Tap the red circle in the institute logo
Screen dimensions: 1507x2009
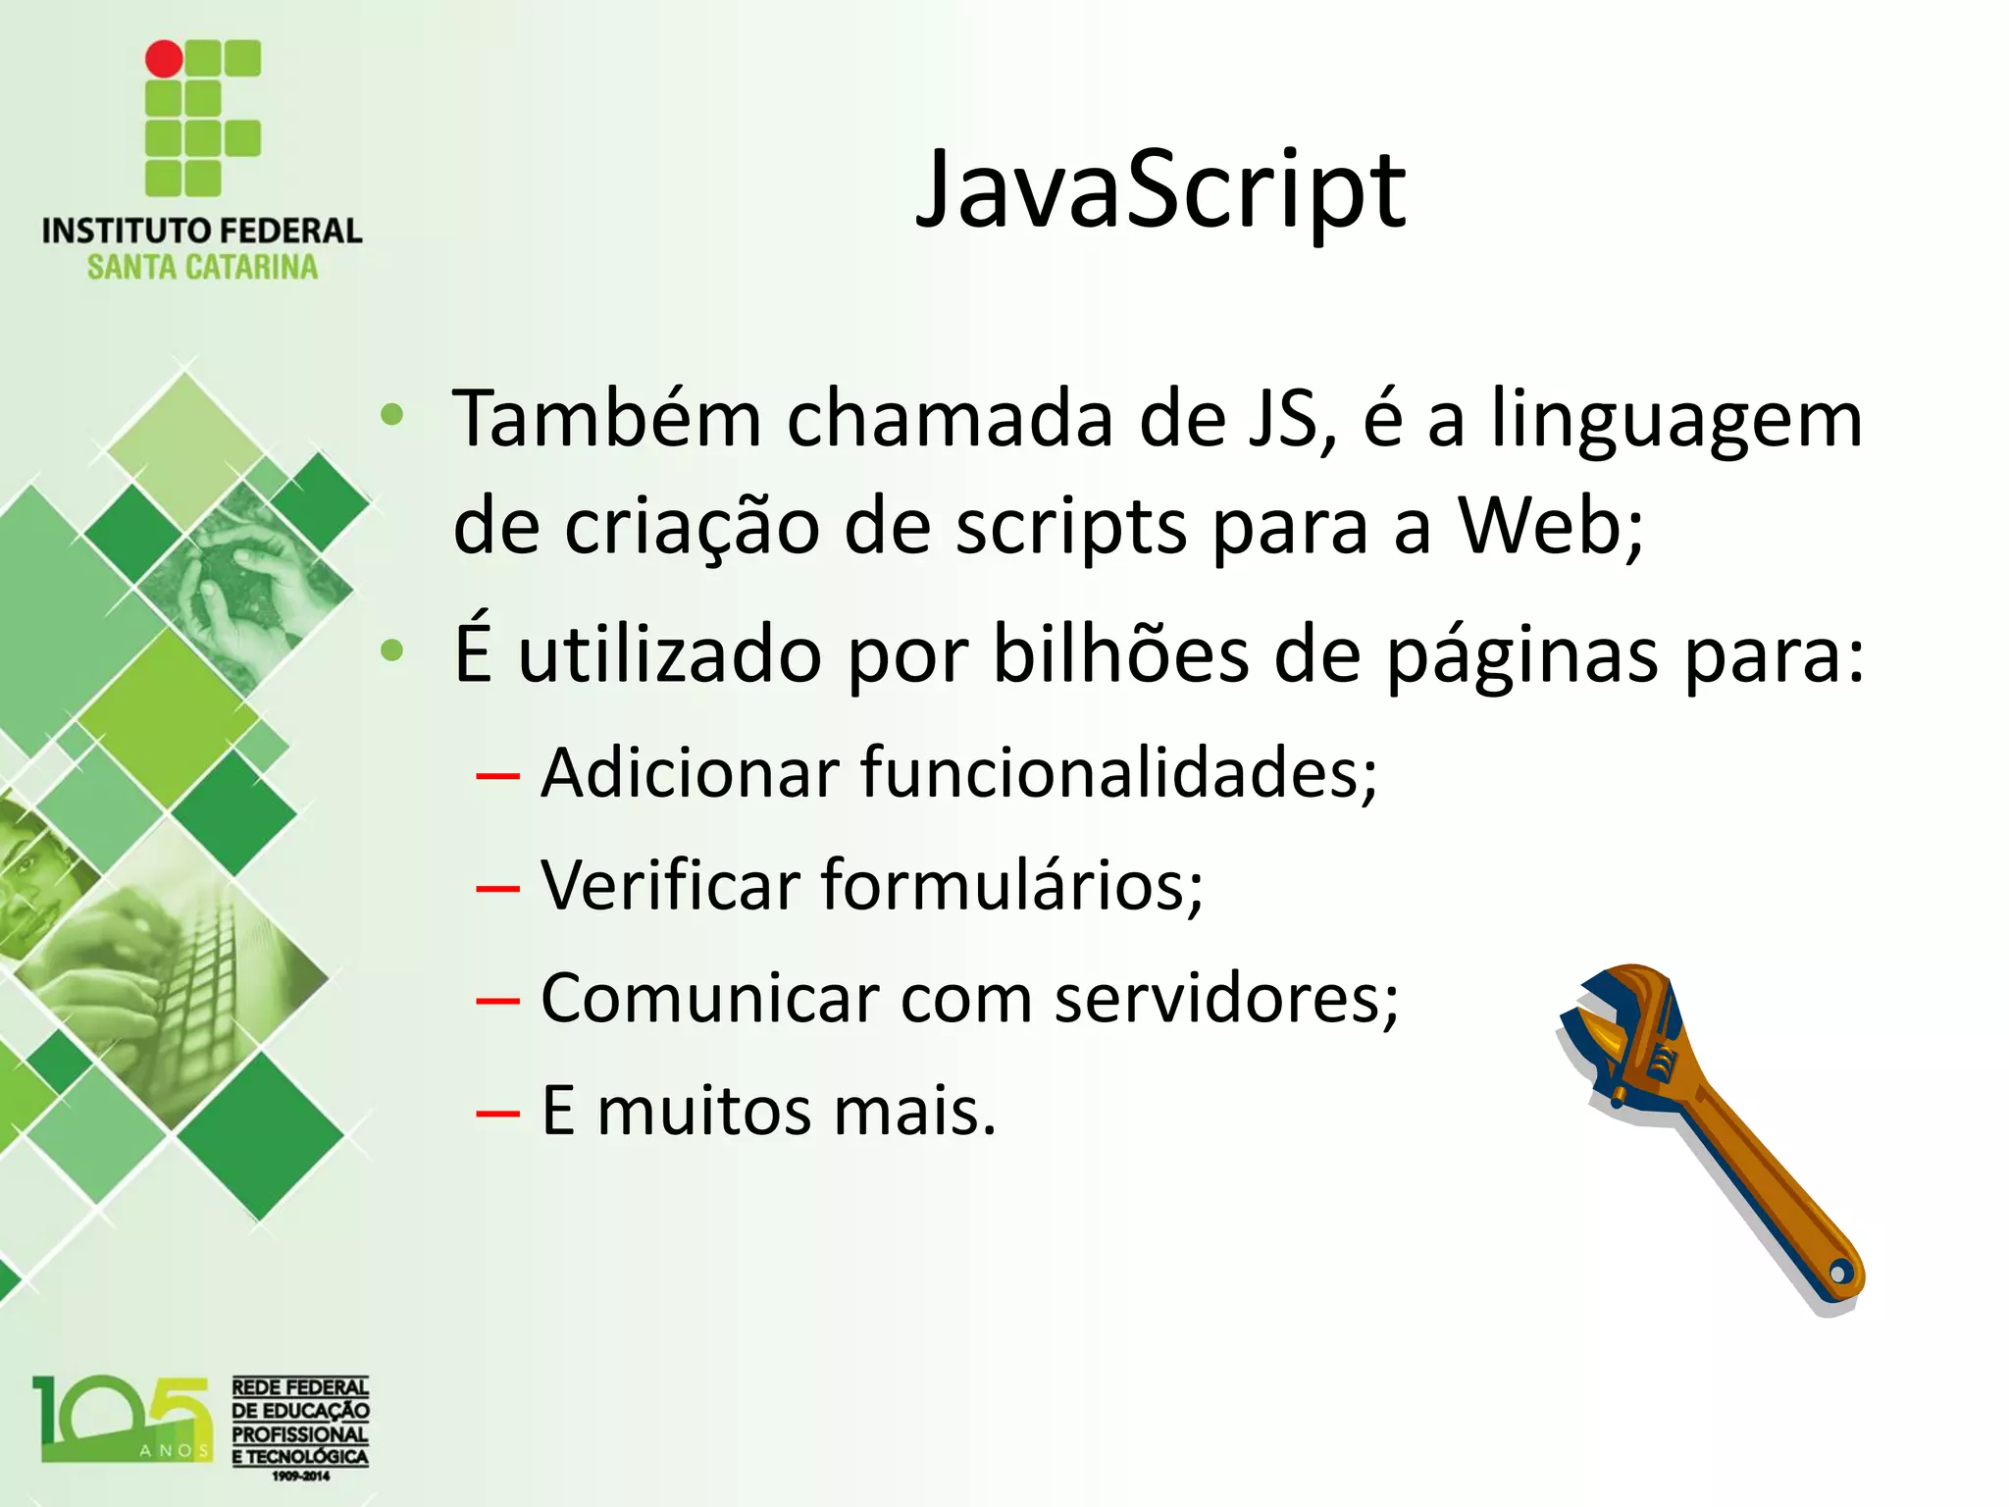point(164,59)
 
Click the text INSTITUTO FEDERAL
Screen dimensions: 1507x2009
point(202,232)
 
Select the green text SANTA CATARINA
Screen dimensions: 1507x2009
point(202,268)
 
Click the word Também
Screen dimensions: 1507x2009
point(606,419)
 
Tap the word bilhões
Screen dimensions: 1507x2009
point(1120,653)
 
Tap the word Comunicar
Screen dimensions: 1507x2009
point(709,999)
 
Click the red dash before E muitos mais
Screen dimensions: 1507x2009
point(497,1114)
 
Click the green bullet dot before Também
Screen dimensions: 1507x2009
point(392,416)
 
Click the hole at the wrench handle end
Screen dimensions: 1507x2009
point(1838,1273)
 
